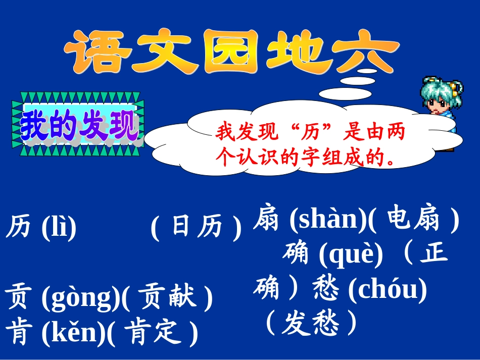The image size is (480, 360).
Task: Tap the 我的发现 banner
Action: click(78, 124)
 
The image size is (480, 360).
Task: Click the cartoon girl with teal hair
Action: click(442, 111)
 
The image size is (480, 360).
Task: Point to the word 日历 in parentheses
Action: click(197, 227)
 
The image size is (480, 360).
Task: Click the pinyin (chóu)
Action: click(387, 289)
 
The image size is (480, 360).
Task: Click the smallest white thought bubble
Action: click(367, 71)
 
